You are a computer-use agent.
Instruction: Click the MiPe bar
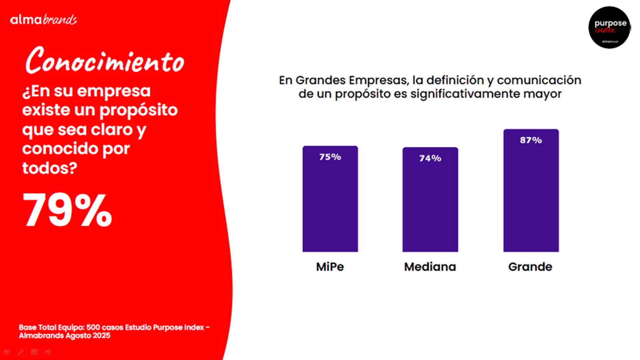330,199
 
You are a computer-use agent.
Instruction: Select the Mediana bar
430,200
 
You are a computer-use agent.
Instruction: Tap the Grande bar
531,191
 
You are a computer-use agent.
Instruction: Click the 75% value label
330,157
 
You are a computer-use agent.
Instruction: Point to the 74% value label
430,158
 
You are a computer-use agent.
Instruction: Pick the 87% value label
531,140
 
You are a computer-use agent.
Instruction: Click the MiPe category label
330,267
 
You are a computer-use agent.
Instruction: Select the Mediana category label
430,267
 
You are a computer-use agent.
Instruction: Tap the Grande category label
530,267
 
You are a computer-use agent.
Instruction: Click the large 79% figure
67,210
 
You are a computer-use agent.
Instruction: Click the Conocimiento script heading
105,60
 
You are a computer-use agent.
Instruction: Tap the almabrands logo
43,20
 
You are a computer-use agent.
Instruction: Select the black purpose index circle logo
609,27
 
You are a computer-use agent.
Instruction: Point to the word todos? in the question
50,168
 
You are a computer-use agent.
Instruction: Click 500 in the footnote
93,327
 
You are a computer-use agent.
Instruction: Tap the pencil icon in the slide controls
21,352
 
